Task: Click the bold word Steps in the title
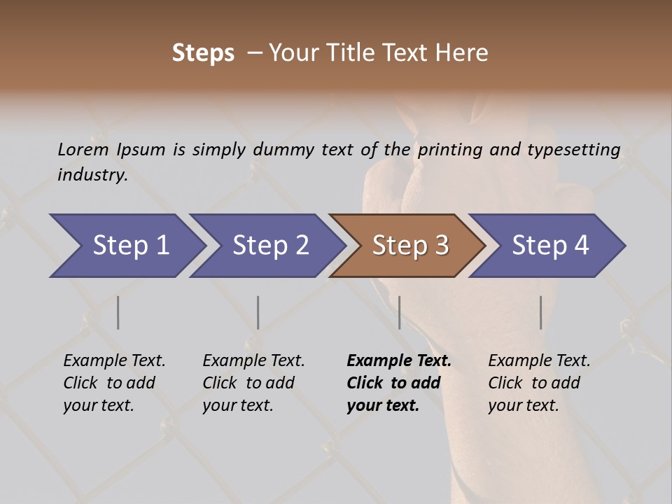203,53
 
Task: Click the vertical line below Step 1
118,312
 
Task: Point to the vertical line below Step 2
258,312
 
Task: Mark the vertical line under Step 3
400,312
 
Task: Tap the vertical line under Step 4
541,312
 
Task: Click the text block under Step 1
114,383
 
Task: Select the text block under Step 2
253,383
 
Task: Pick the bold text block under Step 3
399,383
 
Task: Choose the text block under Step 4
539,383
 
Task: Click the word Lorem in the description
83,149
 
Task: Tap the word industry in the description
92,175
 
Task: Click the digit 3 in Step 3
441,246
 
